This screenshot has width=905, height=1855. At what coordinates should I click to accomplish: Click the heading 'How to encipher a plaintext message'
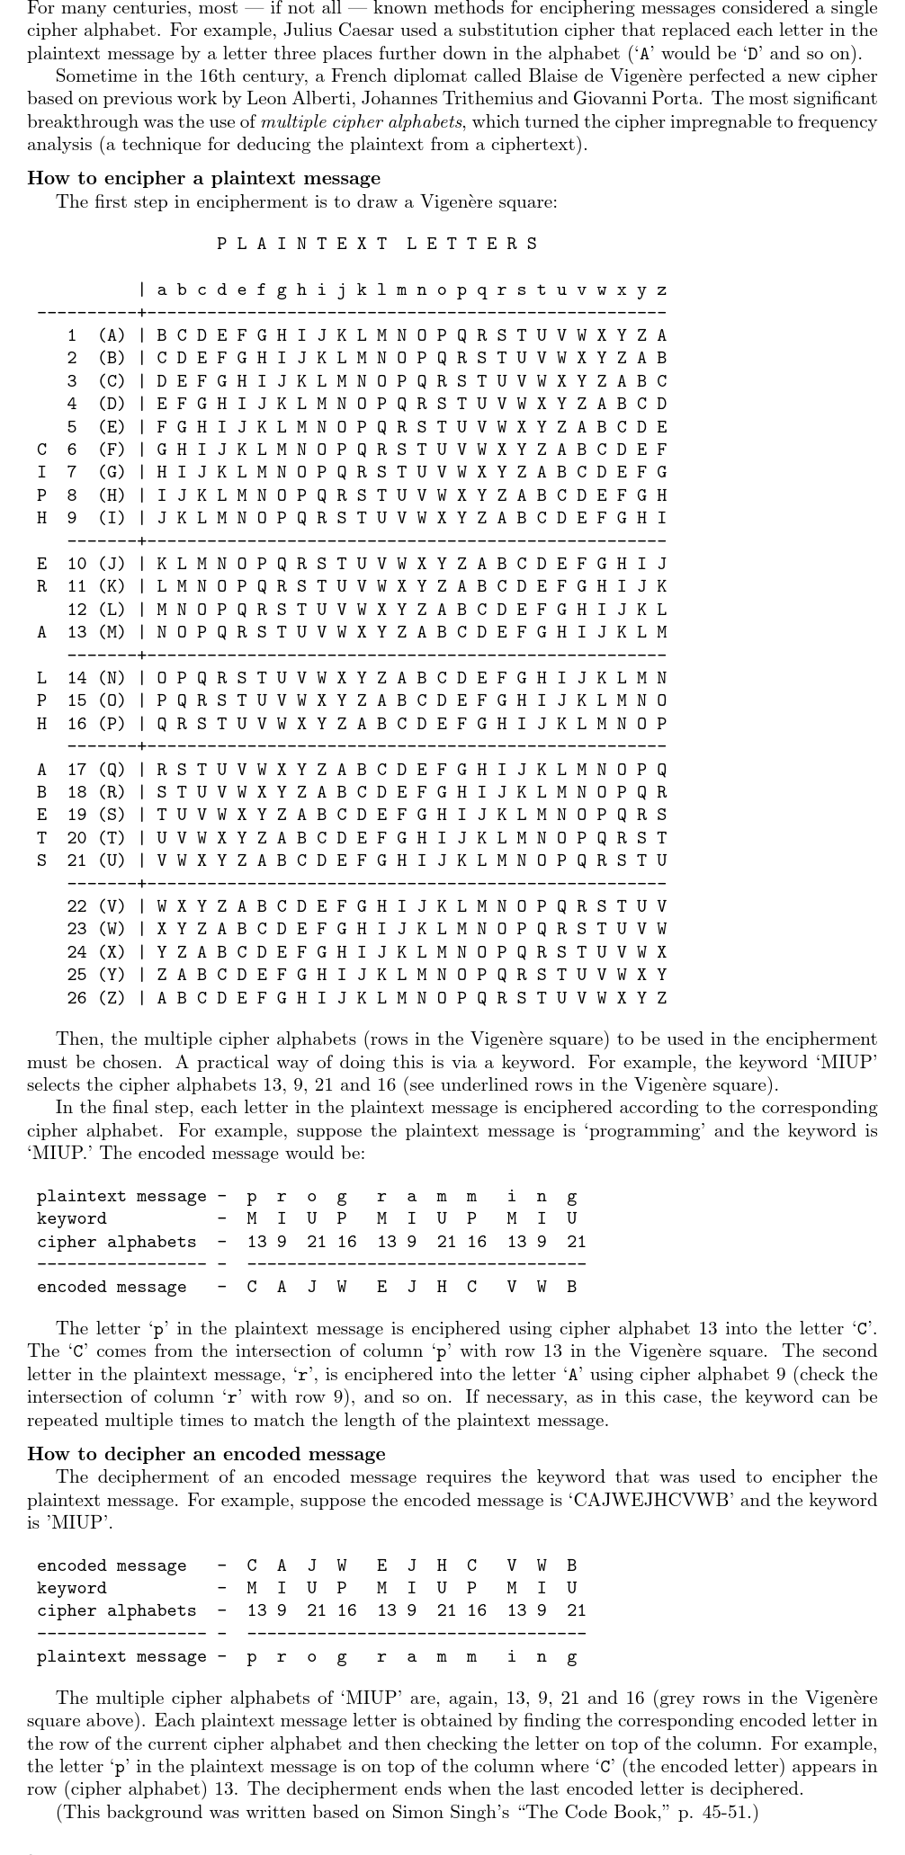[x=203, y=178]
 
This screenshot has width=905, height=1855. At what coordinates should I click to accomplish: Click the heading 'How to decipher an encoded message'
[x=206, y=1454]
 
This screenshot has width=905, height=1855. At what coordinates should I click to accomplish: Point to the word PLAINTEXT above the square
[x=302, y=244]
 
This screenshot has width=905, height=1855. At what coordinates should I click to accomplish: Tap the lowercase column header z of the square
[x=662, y=290]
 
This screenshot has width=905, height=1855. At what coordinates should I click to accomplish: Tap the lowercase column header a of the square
[x=162, y=290]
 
